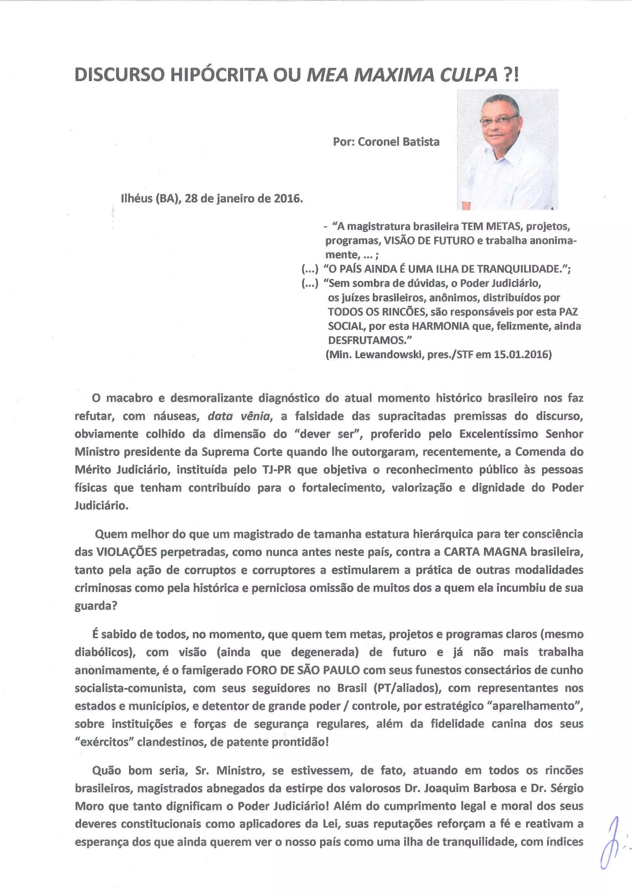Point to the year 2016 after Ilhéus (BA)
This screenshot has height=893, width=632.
[x=288, y=199]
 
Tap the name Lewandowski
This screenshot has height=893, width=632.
[x=389, y=355]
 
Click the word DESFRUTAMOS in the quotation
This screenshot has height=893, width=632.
[x=367, y=340]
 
